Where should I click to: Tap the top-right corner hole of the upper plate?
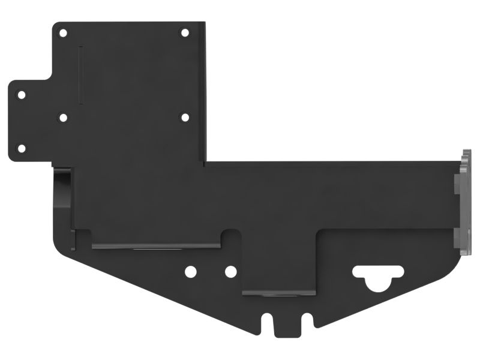(185, 32)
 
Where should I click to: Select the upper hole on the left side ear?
(22, 95)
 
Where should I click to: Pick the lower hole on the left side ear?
(22, 148)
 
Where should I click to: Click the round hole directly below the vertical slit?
(63, 118)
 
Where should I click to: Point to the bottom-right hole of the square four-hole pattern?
(185, 117)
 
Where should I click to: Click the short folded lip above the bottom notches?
(278, 293)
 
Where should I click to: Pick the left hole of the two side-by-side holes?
(190, 272)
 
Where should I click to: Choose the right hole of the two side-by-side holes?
(230, 272)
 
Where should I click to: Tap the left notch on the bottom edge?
(267, 323)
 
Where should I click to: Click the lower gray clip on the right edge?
(462, 240)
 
